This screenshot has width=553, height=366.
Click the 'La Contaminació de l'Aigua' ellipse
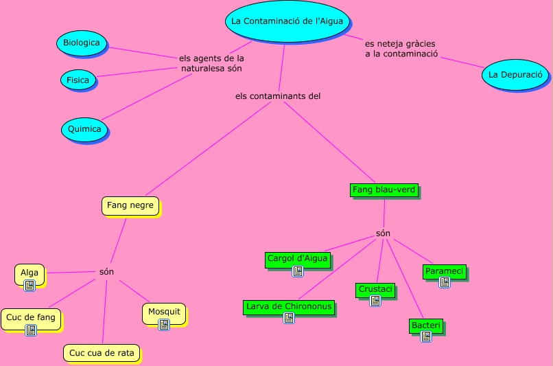(287, 21)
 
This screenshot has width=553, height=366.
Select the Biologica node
(82, 43)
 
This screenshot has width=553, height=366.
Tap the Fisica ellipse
(78, 80)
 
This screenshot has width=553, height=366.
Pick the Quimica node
(84, 129)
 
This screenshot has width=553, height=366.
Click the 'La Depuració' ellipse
(515, 74)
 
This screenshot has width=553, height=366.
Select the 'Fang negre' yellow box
(130, 206)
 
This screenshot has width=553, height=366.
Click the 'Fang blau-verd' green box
(384, 190)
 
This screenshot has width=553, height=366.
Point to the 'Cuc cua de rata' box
(102, 353)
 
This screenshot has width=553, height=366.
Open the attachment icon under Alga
(30, 285)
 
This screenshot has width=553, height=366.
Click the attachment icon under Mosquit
(164, 324)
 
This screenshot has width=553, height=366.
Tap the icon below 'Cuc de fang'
(31, 330)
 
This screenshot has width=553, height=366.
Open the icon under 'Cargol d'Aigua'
(298, 271)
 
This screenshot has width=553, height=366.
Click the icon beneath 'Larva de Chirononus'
(289, 318)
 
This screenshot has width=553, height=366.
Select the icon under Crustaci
(375, 301)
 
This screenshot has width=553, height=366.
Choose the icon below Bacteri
(426, 336)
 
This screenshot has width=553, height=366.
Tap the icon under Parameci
(445, 282)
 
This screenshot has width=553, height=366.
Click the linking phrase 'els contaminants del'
(278, 96)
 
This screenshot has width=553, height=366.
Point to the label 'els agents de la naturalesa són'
(211, 63)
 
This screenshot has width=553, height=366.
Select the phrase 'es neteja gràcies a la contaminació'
(401, 49)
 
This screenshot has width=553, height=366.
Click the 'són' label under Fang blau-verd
(383, 233)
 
